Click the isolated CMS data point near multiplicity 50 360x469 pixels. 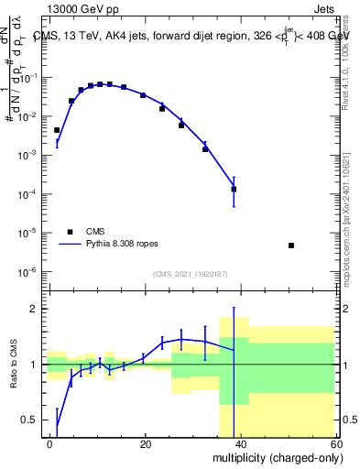pos(290,245)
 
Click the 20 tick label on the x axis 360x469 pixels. pos(145,443)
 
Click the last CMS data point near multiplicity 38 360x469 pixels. pos(234,190)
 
